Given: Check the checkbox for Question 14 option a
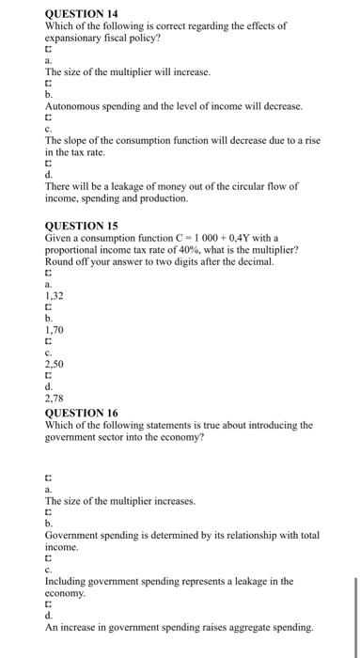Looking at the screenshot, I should click(49, 47).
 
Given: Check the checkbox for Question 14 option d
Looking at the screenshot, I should click(49, 161).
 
